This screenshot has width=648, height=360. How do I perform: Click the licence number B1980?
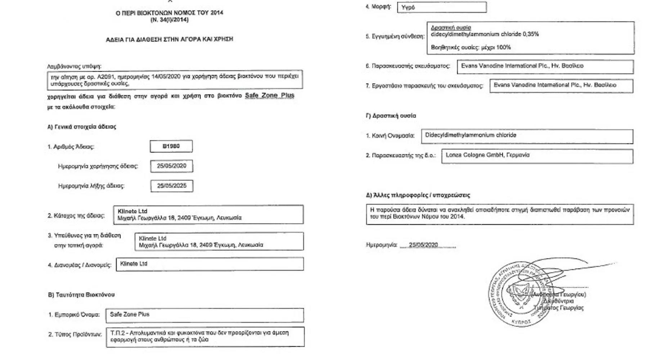pos(171,146)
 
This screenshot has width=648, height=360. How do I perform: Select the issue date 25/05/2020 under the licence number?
pos(171,166)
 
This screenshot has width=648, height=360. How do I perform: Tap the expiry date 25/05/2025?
pos(172,186)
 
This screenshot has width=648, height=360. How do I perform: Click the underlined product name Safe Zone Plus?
pos(269,95)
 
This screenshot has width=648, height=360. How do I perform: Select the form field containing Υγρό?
pos(442,7)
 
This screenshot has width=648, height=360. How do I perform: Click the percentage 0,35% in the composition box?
pos(531,34)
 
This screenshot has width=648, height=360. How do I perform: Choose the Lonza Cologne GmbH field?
pos(537,156)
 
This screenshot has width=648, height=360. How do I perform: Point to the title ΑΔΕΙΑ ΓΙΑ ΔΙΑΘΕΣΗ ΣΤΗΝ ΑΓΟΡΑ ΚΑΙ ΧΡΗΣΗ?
pos(169,39)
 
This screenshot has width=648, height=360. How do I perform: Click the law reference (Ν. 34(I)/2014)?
pos(169,20)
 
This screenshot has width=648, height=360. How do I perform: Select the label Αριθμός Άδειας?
pos(71,147)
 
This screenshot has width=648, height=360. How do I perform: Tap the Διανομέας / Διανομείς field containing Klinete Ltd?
pos(210,264)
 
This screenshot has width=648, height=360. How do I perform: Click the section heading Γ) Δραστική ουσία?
pos(391,116)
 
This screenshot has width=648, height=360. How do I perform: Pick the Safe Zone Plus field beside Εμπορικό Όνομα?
pos(204,315)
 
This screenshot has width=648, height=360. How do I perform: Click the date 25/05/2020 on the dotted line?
pos(423,245)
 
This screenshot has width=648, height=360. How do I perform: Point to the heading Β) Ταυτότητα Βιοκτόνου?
pos(81,295)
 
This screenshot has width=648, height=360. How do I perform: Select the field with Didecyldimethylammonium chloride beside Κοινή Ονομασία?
pos(527,136)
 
